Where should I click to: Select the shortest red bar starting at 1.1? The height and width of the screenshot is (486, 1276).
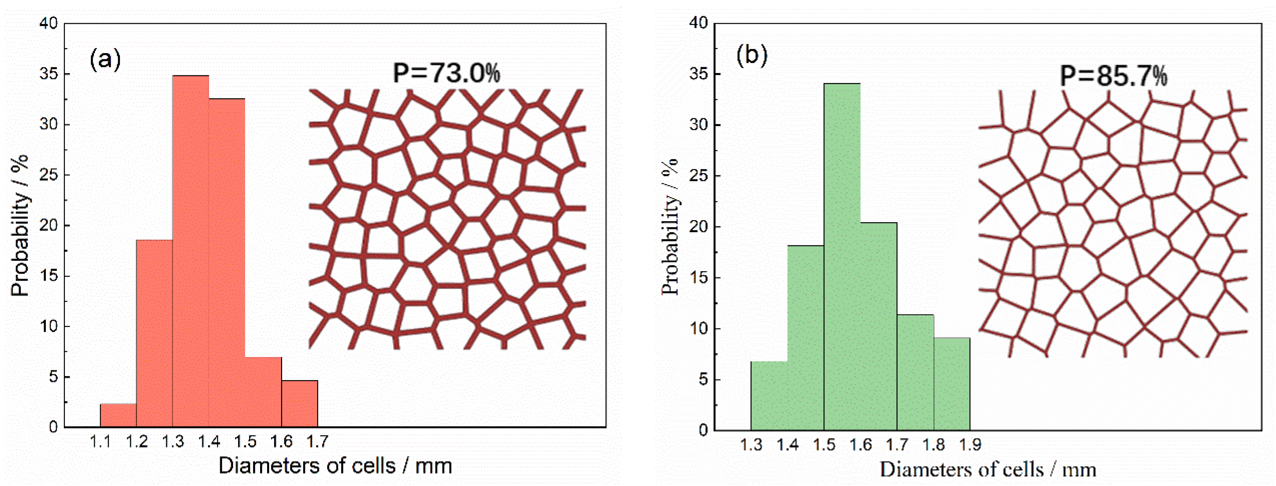coord(119,415)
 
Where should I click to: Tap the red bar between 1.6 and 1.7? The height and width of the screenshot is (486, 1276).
coord(300,404)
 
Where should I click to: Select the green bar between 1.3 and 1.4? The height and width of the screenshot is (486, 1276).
coord(769,395)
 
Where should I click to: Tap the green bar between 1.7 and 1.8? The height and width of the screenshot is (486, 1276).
coord(915,372)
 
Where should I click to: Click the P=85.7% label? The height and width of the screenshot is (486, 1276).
coord(1113,76)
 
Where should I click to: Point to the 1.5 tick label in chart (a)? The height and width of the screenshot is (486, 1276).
coord(245,442)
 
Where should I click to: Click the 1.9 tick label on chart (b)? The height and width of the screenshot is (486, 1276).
coord(970,444)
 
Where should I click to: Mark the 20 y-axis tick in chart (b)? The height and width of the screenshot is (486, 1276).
coord(699,227)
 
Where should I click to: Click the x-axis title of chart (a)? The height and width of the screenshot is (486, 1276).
coord(335,466)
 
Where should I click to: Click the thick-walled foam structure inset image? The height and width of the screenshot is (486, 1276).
coord(447,218)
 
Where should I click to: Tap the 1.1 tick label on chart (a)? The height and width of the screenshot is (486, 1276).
coord(101,442)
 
